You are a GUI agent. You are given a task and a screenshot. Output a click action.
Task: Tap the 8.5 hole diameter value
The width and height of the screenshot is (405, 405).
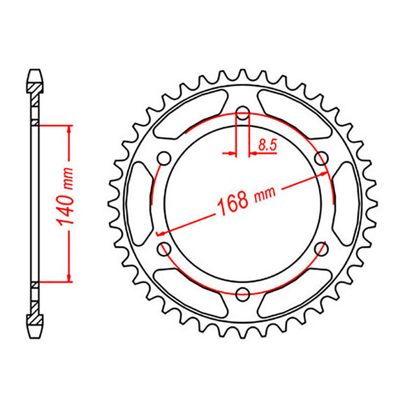[266, 145]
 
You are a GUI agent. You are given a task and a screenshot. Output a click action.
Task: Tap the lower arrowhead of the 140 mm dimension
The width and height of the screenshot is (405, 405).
[69, 277]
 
